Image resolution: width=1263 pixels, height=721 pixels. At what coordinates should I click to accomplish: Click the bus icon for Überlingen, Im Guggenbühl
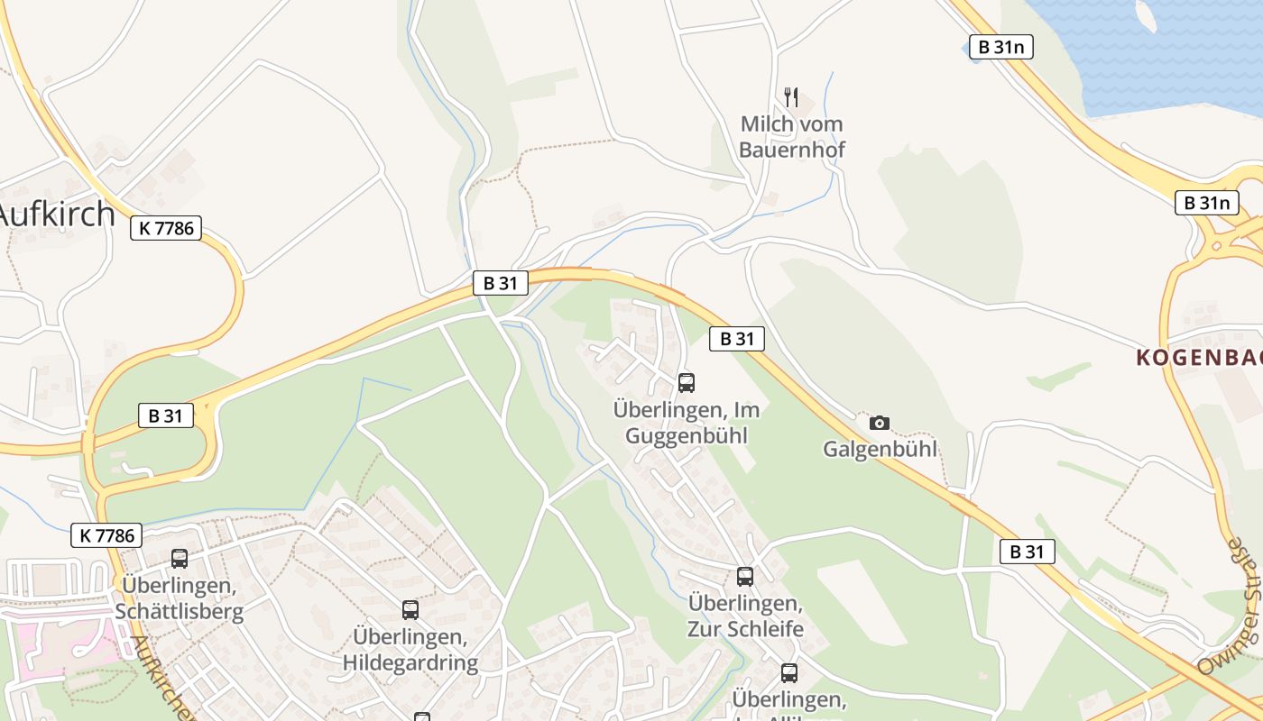click(x=687, y=383)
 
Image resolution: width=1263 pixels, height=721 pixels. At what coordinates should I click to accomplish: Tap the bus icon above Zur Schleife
click(x=744, y=577)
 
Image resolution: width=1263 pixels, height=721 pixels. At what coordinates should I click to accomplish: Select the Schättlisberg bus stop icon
click(x=180, y=559)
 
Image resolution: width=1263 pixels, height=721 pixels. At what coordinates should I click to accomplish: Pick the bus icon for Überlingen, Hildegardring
click(x=410, y=610)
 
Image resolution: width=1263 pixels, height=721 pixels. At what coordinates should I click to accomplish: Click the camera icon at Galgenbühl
click(x=879, y=423)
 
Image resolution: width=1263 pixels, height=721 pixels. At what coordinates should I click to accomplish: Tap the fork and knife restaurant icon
click(x=791, y=96)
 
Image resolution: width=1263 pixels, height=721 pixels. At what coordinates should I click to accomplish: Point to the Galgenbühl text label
click(x=880, y=449)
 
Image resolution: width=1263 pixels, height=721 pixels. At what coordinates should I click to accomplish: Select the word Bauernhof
click(x=792, y=150)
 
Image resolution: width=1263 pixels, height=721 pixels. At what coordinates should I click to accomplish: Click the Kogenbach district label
click(x=1198, y=358)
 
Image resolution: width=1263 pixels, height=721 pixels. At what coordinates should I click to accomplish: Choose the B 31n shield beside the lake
click(x=1000, y=48)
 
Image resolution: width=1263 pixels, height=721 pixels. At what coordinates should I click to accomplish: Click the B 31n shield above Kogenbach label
click(x=1206, y=203)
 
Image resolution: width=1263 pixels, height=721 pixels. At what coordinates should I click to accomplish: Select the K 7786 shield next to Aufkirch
click(x=166, y=228)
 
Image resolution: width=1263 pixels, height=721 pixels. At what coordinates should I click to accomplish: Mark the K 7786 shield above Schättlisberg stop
click(x=106, y=535)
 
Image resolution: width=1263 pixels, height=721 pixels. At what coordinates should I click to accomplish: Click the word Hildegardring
click(x=410, y=663)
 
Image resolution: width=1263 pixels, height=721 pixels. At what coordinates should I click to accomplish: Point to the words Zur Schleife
click(x=745, y=628)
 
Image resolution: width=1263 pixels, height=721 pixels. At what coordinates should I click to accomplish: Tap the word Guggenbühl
click(x=687, y=436)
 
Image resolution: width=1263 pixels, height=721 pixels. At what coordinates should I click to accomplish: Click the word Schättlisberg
click(x=180, y=612)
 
